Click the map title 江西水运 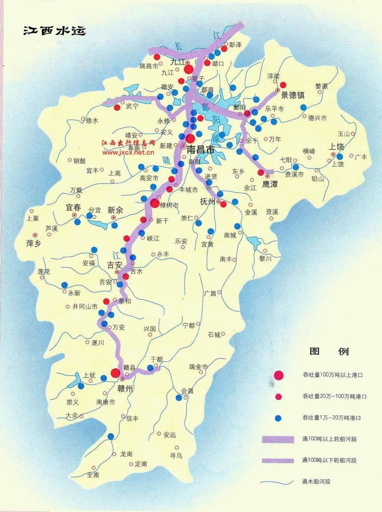point(54,31)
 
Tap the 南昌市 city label point(201,150)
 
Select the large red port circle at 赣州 point(115,373)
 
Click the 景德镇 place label point(293,95)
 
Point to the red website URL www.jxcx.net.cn point(128,152)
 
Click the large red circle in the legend point(278,375)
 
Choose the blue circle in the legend point(278,418)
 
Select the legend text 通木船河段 point(316,482)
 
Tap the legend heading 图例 point(329,351)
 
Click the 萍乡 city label point(32,244)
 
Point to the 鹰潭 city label point(270,184)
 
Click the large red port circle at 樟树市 point(154,203)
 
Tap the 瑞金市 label point(198,367)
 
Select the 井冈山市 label point(85,306)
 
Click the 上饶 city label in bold point(336,147)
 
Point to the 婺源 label point(321,86)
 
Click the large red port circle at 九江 point(189,69)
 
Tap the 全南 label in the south point(93,475)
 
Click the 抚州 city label point(208,202)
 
